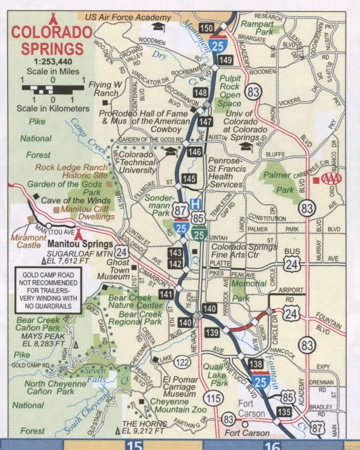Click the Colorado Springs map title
pyautogui.click(x=51, y=40)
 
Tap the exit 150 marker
pyautogui.click(x=206, y=29)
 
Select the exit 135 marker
pyautogui.click(x=284, y=411)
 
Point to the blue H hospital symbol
pyautogui.click(x=195, y=204)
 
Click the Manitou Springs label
pyautogui.click(x=81, y=244)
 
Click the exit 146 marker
pyautogui.click(x=195, y=151)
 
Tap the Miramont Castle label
pyautogui.click(x=32, y=241)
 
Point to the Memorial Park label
pyautogui.click(x=249, y=291)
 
